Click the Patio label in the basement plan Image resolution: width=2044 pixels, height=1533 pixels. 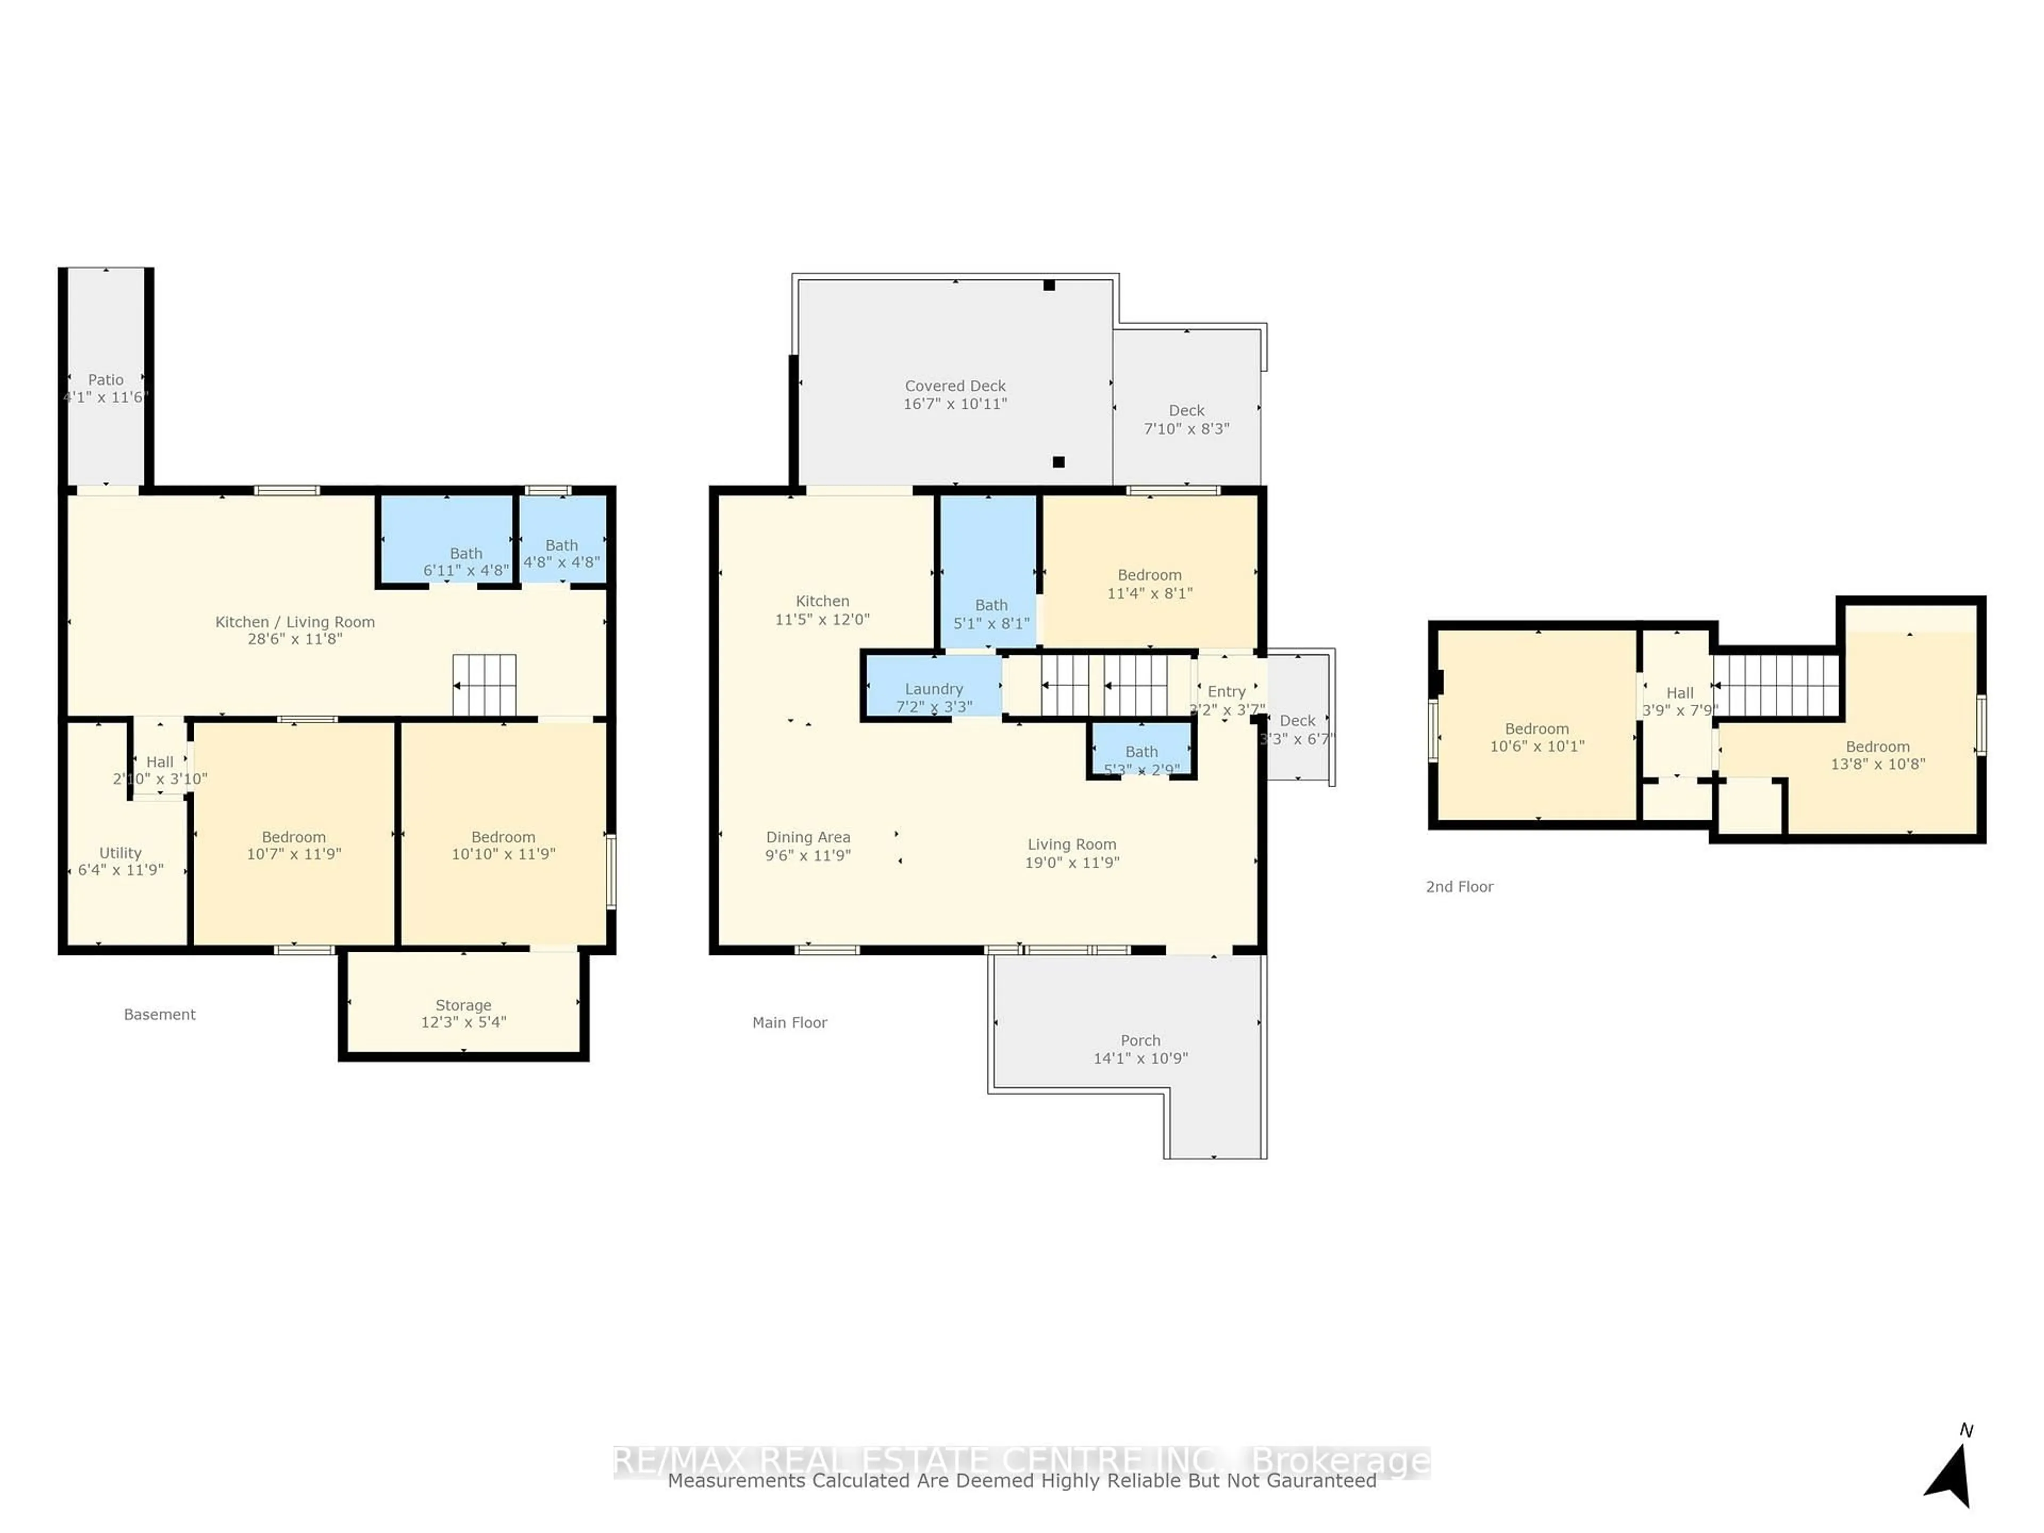pos(105,380)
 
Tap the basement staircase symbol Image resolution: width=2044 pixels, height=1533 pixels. pos(484,685)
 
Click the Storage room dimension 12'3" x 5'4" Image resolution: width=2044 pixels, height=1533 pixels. pos(463,1022)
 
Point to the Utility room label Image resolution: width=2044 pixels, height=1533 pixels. pos(120,853)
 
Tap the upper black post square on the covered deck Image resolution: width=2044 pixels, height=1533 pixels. pos(1049,285)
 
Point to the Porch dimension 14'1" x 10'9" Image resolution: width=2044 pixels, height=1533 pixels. pos(1140,1058)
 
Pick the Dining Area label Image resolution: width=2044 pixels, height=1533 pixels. pos(807,837)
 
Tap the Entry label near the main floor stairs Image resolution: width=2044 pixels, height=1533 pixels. pos(1226,691)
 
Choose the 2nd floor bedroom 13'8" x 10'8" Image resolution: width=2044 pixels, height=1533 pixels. pos(1877,755)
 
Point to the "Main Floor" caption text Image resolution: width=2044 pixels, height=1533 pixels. pos(789,1022)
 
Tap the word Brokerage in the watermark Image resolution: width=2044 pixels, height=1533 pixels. pos(1340,1461)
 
